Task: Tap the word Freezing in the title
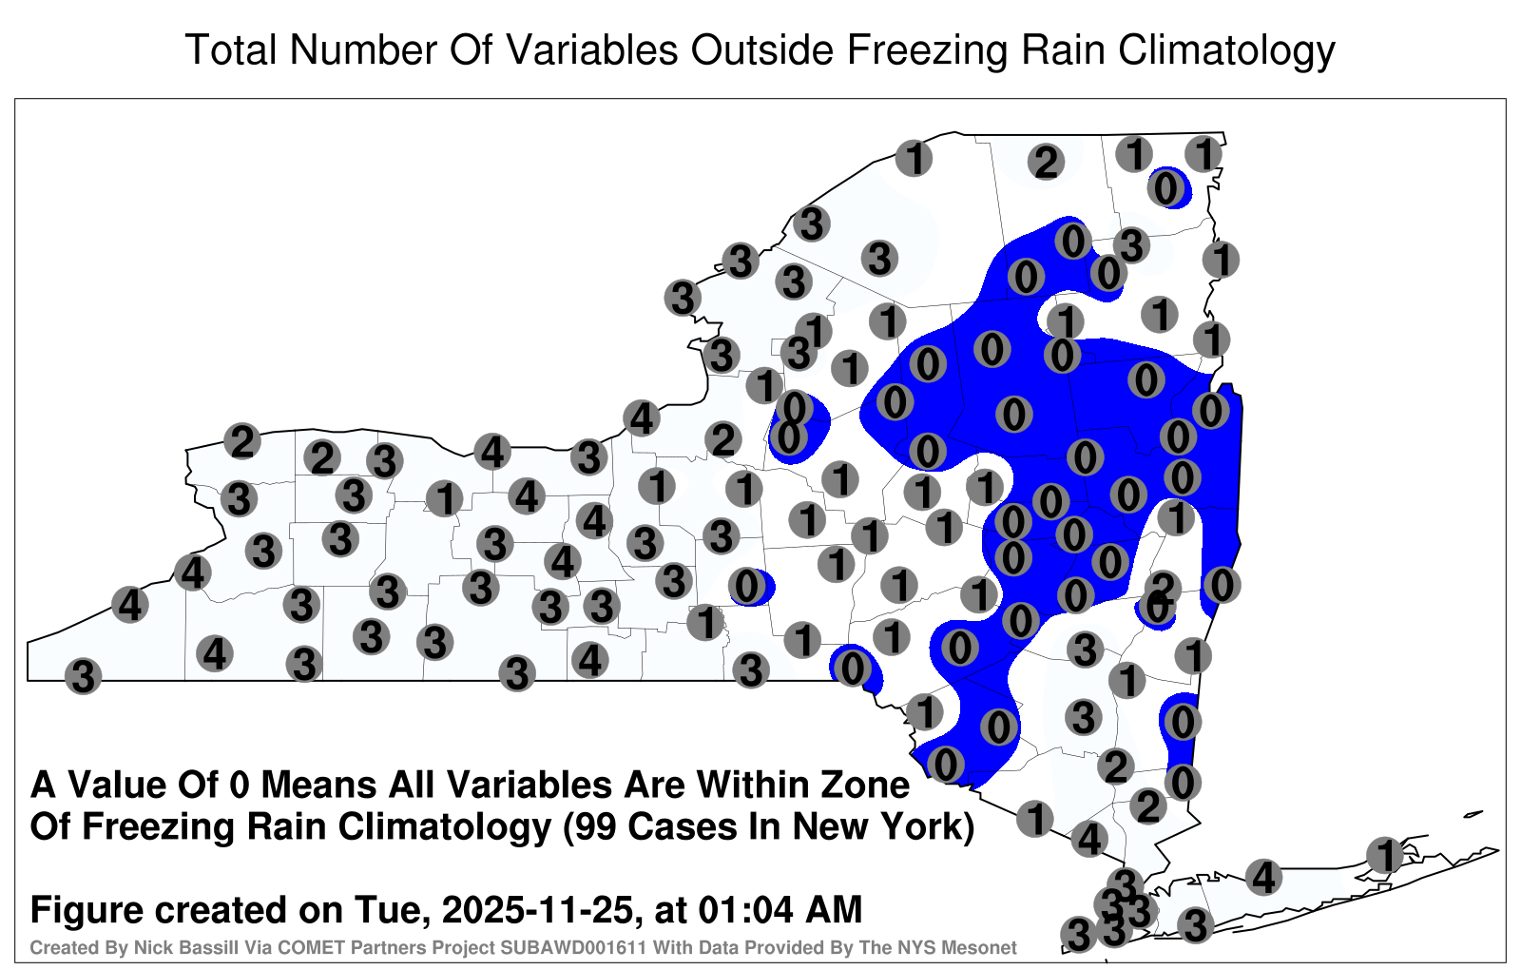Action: click(x=925, y=51)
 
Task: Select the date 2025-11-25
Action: click(x=537, y=910)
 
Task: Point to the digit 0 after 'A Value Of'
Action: click(x=240, y=786)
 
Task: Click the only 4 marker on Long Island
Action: click(x=1263, y=877)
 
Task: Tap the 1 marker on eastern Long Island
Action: click(x=1385, y=855)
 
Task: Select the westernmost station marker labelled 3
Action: click(x=83, y=676)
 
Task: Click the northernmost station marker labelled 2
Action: click(x=1046, y=163)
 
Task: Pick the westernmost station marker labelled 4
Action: click(x=129, y=605)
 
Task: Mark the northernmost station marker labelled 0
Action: click(x=1166, y=188)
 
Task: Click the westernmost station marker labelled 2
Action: click(x=242, y=441)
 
